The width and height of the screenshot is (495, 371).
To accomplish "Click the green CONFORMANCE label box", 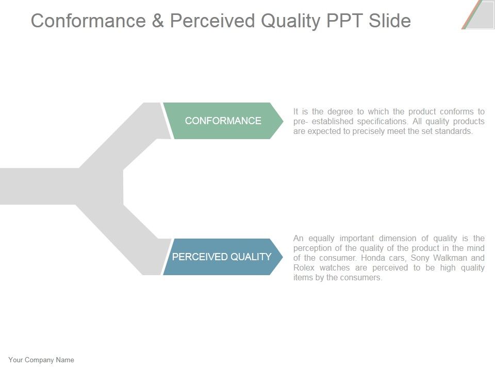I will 223,121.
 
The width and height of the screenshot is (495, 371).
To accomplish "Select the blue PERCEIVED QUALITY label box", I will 222,257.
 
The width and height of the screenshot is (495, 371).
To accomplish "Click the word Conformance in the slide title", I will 92,21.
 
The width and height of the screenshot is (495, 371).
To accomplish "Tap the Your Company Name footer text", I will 41,360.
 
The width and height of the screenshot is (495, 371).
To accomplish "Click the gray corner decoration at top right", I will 480,14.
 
